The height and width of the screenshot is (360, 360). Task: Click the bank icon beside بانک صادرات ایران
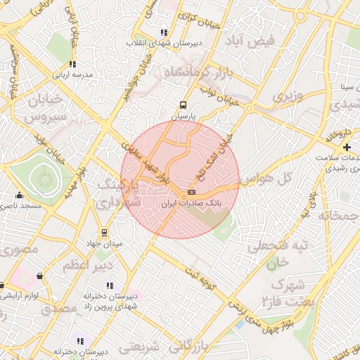[191, 192]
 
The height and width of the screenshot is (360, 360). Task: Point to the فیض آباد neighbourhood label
[250, 41]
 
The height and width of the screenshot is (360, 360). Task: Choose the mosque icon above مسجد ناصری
[19, 196]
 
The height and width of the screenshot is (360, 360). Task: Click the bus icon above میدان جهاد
[104, 233]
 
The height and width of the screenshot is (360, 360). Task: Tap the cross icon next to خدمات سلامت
[347, 147]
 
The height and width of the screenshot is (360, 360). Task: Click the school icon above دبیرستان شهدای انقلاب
[164, 32]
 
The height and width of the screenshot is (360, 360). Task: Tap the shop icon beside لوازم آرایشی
[3, 285]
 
